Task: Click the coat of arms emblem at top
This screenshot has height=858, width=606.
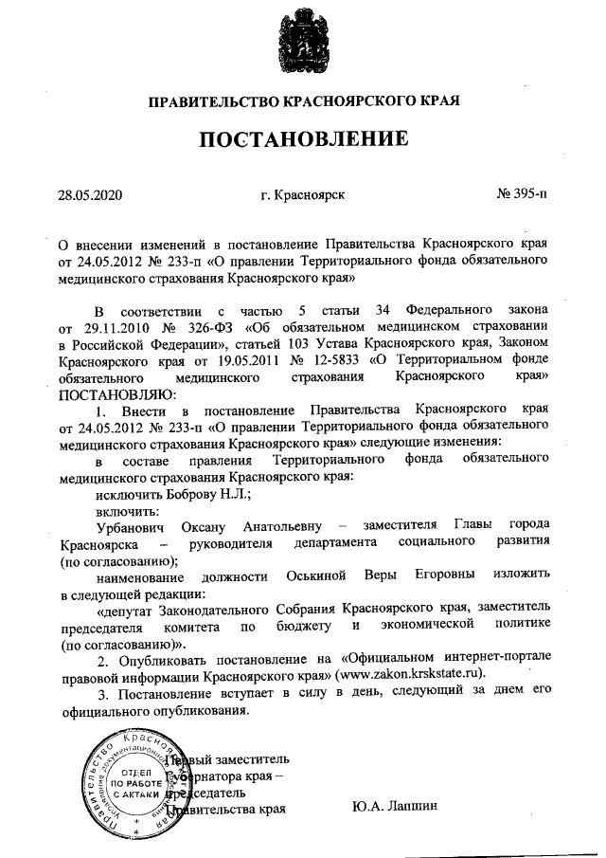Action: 302,40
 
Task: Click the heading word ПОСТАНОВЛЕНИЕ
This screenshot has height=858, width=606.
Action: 303,139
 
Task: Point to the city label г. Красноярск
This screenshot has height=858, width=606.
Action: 302,196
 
